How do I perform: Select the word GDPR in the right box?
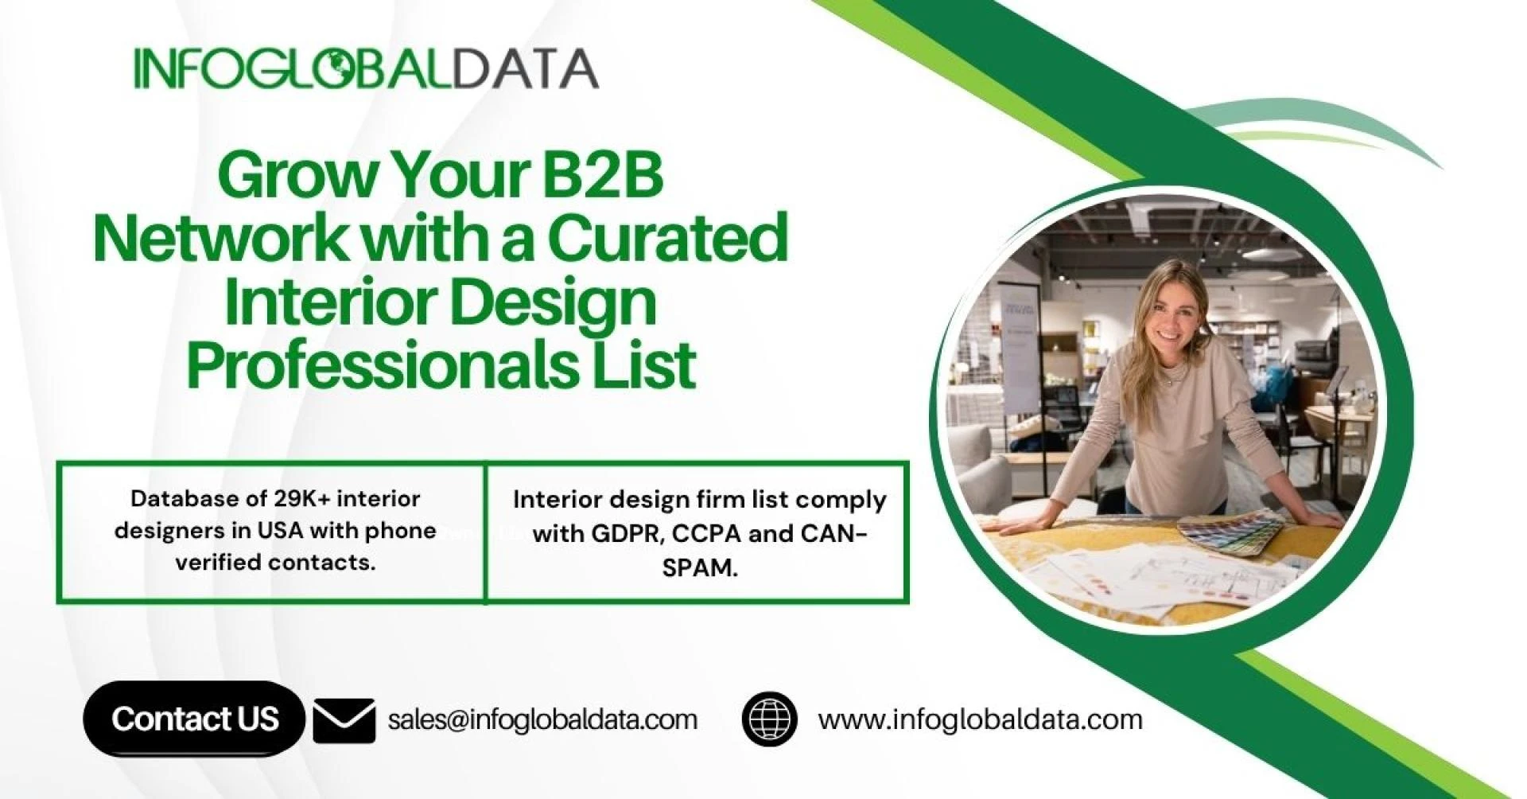pos(627,533)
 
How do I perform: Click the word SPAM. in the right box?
pos(700,568)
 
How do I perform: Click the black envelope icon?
pos(344,720)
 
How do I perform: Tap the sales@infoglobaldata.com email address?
pos(542,720)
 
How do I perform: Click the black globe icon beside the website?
pos(769,719)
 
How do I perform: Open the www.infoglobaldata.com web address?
pos(980,720)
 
